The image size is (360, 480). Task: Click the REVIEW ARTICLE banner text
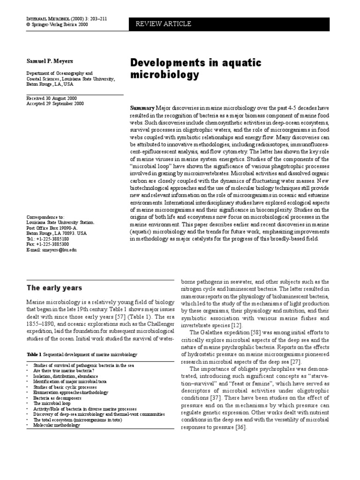click(164, 24)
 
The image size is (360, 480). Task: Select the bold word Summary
click(142, 107)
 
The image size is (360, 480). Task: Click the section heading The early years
click(54, 288)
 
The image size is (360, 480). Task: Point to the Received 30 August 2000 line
click(52, 97)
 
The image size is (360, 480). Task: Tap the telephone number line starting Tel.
click(47, 239)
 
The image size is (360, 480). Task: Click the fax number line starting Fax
click(47, 244)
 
